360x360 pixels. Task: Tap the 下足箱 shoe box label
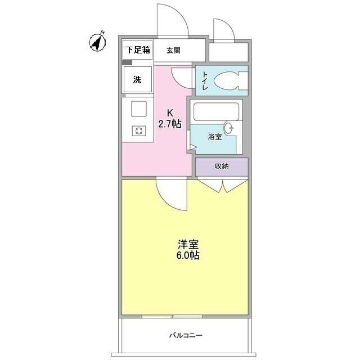[x=137, y=49]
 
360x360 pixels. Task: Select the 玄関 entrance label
[x=173, y=50]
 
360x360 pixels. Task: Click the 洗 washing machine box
[x=137, y=79]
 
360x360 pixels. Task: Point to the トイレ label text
[x=205, y=80]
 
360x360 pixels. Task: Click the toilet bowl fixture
[x=227, y=80]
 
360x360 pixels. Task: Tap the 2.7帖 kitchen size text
[x=170, y=124]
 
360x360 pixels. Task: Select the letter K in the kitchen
[x=169, y=112]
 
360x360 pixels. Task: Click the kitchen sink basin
[x=138, y=107]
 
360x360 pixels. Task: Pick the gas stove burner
[x=138, y=131]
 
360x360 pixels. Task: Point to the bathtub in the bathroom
[x=216, y=112]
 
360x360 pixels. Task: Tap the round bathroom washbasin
[x=230, y=127]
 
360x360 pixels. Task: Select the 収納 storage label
[x=221, y=166]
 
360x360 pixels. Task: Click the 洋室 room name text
[x=188, y=245]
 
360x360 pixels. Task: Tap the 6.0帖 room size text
[x=188, y=255]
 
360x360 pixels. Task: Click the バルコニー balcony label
[x=186, y=336]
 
